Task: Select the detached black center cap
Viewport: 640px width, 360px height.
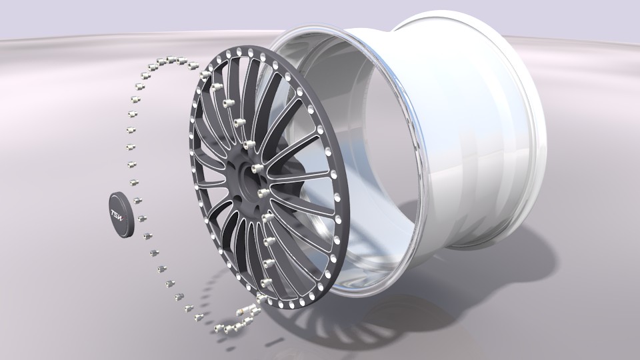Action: coord(123,214)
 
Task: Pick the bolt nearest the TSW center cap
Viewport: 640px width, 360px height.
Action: coord(142,217)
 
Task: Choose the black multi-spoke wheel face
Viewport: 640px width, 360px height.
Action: coord(220,200)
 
